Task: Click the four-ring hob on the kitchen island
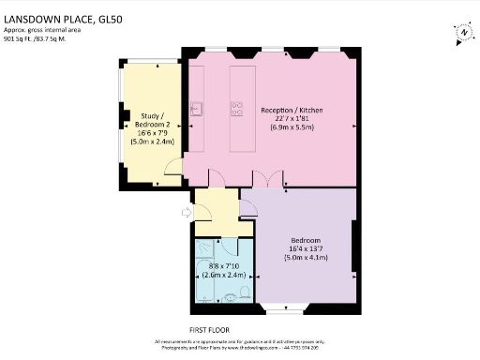pos(237,108)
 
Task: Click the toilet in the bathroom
pos(243,294)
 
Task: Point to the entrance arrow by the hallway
pos(185,213)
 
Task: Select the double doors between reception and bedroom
pos(273,179)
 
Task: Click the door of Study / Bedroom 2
pos(173,167)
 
